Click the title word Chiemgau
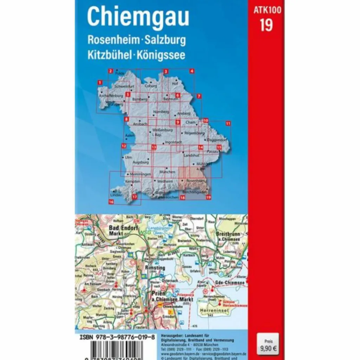pos(138,17)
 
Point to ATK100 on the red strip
pos(267,10)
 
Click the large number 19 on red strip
pos(266,25)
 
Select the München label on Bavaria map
pos(167,172)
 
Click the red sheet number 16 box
pos(111,202)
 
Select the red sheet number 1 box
pos(100,83)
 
